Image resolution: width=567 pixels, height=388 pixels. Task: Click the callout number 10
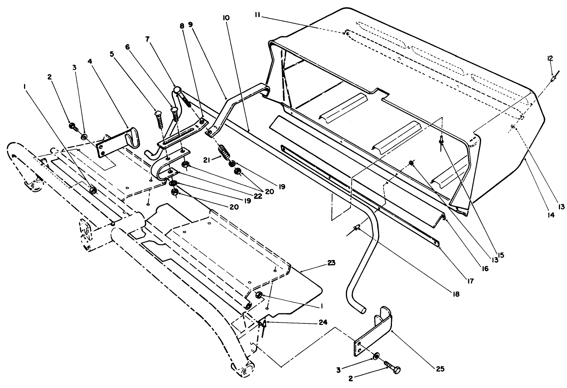point(226,18)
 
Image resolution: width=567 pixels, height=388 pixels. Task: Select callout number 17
point(470,281)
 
